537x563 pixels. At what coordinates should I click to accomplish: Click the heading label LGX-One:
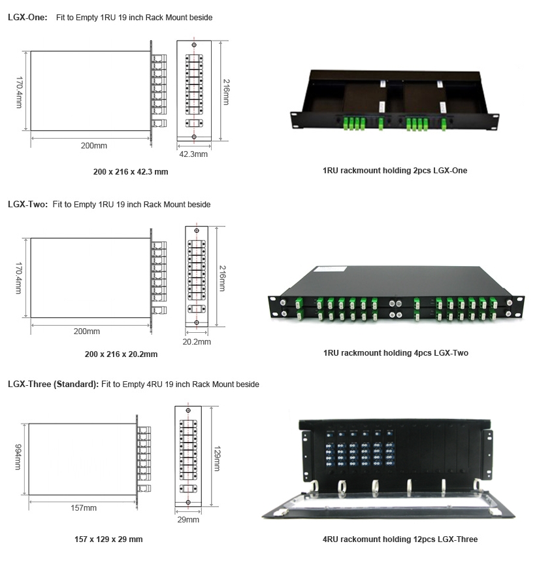[x=27, y=18]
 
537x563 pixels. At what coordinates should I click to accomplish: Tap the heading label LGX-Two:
[x=27, y=205]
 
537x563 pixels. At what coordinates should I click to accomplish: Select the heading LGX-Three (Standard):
[x=53, y=384]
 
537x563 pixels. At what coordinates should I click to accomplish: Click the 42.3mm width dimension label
[x=193, y=154]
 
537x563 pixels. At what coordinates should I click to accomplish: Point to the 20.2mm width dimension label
[x=197, y=341]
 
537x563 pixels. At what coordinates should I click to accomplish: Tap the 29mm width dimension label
[x=188, y=520]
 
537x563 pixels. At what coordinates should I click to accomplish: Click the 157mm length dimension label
[x=84, y=508]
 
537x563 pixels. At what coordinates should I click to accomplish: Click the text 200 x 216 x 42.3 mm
[x=131, y=171]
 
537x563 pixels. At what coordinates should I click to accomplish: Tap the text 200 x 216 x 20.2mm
[x=121, y=354]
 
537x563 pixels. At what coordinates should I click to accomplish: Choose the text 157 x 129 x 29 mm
[x=108, y=539]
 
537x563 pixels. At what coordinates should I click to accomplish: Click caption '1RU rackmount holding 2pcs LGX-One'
[x=395, y=171]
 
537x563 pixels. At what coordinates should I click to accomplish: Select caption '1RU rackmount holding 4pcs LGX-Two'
[x=395, y=353]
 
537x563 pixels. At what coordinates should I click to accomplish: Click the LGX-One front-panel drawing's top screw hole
[x=193, y=44]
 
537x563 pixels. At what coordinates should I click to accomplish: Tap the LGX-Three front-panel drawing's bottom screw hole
[x=188, y=502]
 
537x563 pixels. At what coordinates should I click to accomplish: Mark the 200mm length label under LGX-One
[x=94, y=145]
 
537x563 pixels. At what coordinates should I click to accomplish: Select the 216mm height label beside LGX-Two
[x=222, y=277]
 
